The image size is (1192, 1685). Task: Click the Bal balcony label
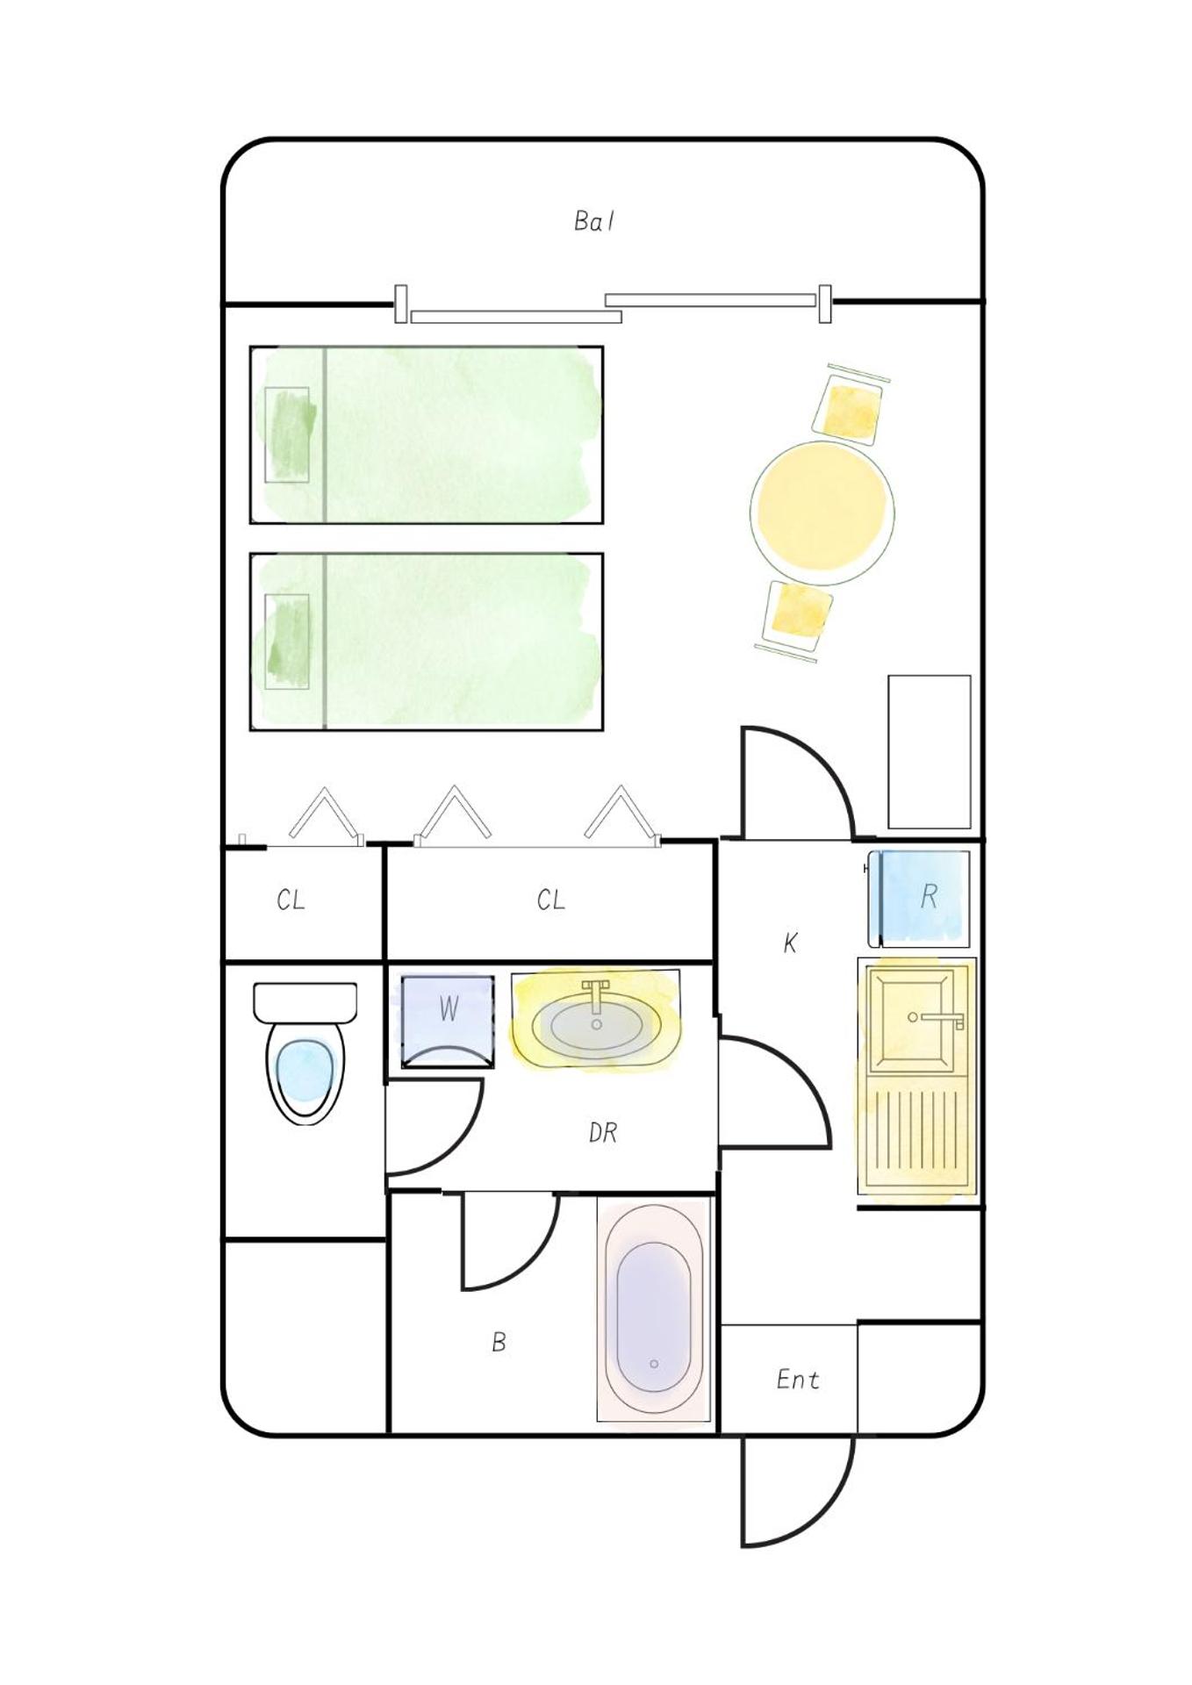(x=594, y=221)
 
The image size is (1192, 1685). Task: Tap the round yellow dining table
(x=822, y=513)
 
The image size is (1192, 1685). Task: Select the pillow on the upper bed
(x=288, y=434)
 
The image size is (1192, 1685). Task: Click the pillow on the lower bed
(x=288, y=642)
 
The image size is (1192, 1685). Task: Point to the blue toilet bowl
(x=304, y=1071)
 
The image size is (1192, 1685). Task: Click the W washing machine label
(x=449, y=1008)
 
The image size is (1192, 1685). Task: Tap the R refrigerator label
(x=929, y=896)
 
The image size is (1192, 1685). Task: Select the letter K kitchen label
(x=790, y=943)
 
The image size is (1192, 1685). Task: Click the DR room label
(x=603, y=1133)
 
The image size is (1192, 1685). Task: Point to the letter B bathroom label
(x=499, y=1342)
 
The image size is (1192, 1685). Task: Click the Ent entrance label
(x=798, y=1380)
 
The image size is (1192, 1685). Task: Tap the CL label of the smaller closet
(x=291, y=900)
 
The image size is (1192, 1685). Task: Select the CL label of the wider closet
(x=551, y=900)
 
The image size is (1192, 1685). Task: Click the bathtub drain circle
(x=654, y=1364)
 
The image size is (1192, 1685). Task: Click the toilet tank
(x=305, y=1002)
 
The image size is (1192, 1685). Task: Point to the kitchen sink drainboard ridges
(x=917, y=1132)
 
